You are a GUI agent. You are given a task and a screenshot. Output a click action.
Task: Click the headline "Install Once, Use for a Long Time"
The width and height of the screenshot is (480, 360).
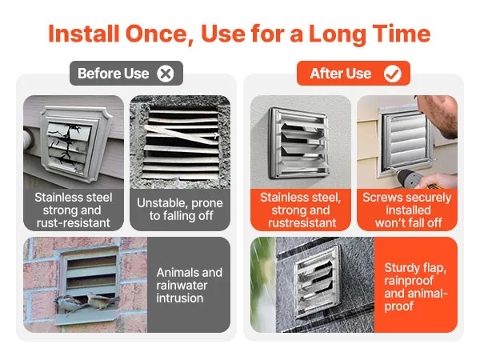click(239, 34)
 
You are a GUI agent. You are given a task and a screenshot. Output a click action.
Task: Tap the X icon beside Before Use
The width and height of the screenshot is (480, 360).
click(166, 74)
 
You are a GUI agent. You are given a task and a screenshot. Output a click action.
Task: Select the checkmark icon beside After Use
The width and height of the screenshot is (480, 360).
click(392, 74)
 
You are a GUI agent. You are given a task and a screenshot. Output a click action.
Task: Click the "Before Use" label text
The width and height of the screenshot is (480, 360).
click(113, 74)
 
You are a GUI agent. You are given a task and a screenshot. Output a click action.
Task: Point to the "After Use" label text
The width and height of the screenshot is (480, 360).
click(340, 74)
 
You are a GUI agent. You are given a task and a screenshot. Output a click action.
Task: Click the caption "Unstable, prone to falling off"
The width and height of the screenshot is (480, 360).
click(179, 210)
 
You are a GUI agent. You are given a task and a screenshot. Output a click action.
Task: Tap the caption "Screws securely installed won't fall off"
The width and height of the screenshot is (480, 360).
click(406, 210)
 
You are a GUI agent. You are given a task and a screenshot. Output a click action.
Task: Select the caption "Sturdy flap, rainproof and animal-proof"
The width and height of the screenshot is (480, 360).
click(414, 285)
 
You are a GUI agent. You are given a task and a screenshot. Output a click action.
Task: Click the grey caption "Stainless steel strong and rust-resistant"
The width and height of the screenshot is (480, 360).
click(72, 210)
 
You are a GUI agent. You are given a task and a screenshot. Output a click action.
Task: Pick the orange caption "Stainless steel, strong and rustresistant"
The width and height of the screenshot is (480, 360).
click(300, 210)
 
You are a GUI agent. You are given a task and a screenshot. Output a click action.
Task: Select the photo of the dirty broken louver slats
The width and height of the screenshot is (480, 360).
click(179, 141)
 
